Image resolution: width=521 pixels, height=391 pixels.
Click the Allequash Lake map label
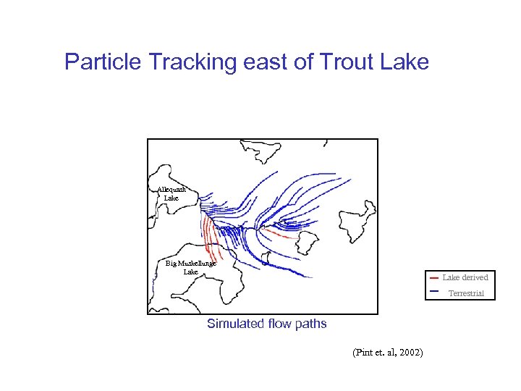tap(171, 193)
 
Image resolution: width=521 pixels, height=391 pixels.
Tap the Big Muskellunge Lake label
tap(190, 267)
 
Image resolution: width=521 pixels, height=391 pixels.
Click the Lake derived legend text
tap(465, 277)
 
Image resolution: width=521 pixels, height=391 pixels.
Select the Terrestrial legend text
tap(466, 293)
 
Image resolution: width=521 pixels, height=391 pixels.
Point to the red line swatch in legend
tap(433, 278)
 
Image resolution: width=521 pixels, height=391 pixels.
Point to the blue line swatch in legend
tap(433, 291)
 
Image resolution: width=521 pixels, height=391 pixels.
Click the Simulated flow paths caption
tap(266, 324)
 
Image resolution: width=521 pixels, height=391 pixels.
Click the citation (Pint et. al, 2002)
tap(387, 352)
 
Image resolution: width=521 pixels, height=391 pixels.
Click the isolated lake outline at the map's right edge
tap(357, 215)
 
